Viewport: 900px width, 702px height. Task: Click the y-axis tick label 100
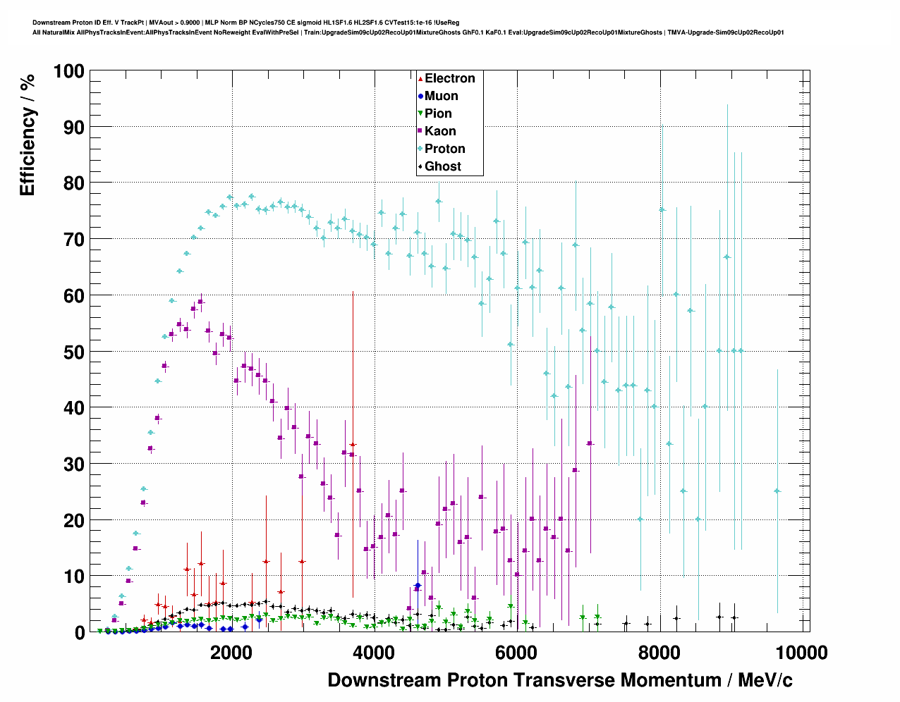[68, 71]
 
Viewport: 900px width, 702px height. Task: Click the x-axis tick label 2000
[231, 652]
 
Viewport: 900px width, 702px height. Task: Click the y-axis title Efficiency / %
[28, 134]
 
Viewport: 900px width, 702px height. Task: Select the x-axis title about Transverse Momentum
[560, 680]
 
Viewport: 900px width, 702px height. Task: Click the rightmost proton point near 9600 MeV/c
[777, 491]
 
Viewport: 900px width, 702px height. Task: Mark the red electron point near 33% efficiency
[353, 445]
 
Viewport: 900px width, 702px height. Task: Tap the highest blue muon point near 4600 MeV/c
[418, 586]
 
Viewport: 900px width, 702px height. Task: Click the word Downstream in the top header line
[49, 23]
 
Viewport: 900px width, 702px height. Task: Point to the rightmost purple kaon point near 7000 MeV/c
[590, 443]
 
